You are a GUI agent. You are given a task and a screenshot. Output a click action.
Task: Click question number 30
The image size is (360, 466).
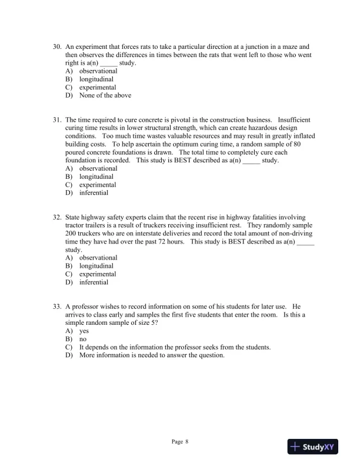(57, 46)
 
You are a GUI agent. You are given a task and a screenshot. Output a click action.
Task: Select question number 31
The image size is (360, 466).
(57, 119)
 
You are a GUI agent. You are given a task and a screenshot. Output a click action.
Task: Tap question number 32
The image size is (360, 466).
(57, 217)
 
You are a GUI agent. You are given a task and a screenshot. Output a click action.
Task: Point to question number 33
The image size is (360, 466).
(57, 307)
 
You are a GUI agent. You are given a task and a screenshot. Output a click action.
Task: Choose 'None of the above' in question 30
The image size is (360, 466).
(105, 95)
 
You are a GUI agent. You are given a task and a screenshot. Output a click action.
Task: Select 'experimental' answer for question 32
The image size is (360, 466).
(98, 274)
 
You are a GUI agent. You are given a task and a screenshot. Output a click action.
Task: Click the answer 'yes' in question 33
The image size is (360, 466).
(84, 331)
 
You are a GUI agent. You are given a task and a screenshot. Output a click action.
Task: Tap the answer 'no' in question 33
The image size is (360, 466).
(83, 339)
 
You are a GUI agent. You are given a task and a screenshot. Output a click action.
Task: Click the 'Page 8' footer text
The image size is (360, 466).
(180, 441)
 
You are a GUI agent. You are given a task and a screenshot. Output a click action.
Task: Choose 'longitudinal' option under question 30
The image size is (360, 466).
(96, 79)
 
